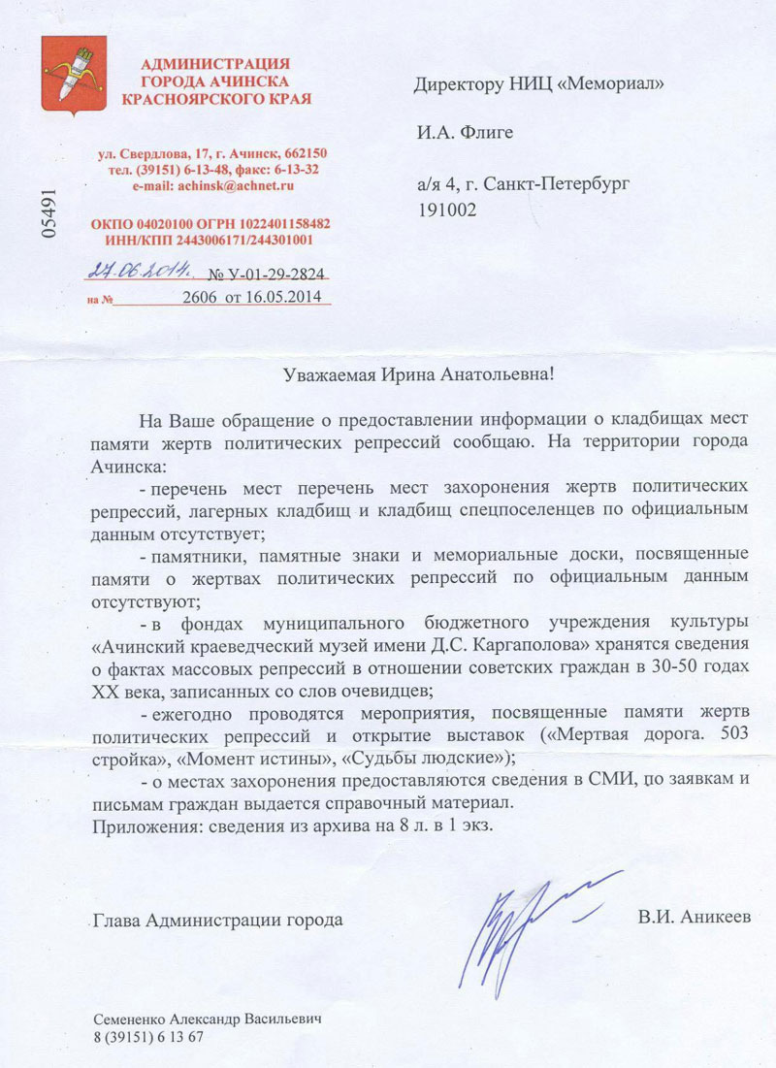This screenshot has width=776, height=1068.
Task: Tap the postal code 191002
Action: (x=446, y=208)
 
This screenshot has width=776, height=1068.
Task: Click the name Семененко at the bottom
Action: (x=136, y=1019)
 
